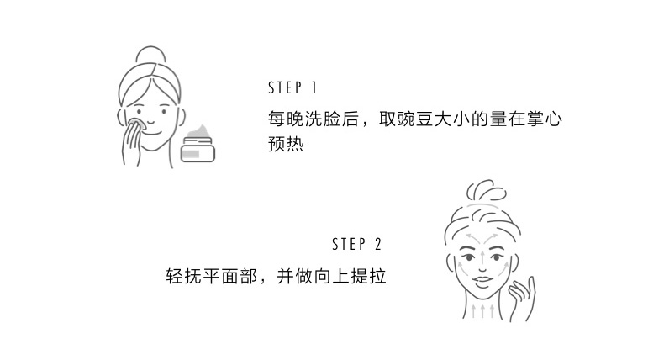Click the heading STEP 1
pos(292,88)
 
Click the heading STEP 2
pos(356,245)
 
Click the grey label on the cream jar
pos(192,152)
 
